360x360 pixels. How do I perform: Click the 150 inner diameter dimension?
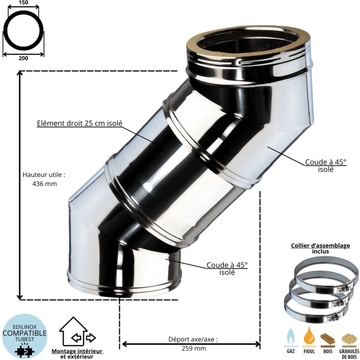pos(23,3)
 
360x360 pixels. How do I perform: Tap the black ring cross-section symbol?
pos(23,31)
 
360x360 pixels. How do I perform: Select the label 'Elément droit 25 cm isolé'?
pos(80,124)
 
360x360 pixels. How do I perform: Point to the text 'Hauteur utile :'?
pos(44,174)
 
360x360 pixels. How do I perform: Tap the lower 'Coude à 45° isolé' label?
pos(227,269)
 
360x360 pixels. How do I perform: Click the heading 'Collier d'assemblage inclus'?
pos(320,248)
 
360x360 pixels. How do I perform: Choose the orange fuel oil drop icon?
pos(309,336)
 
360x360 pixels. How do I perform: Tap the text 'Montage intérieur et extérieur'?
pos(77,354)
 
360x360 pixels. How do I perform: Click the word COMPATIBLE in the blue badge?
pos(25,333)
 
